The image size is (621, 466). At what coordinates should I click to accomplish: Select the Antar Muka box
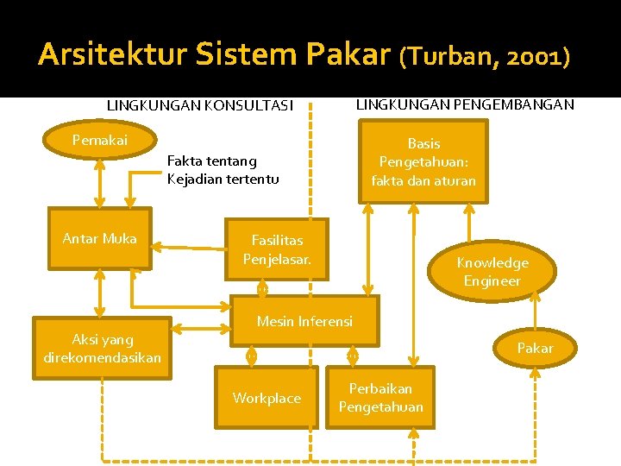point(100,239)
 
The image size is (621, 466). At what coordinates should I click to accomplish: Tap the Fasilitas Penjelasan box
point(277,249)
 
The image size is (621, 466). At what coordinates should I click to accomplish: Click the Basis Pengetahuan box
point(423,162)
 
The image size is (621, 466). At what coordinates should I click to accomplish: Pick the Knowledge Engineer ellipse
point(492,271)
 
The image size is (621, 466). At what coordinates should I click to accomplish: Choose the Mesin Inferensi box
point(304,322)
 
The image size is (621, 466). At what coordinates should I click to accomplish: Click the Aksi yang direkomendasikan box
point(103,349)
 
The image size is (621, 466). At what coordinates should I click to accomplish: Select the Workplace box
point(267,398)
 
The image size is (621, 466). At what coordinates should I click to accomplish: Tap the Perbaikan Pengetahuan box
point(380,398)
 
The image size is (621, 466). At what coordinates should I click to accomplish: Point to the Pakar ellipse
point(535,348)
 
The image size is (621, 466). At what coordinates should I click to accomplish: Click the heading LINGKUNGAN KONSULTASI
point(200,105)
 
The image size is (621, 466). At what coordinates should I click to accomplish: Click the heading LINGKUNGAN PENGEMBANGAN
point(465,104)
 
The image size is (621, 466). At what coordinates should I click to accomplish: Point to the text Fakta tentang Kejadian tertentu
point(223,170)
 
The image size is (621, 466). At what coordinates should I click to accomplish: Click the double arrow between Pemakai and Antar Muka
point(100,183)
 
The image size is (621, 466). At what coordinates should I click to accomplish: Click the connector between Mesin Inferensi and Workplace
point(251,356)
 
